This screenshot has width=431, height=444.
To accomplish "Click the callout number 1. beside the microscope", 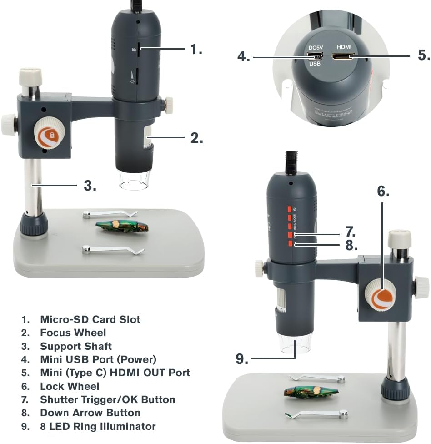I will click(x=196, y=49).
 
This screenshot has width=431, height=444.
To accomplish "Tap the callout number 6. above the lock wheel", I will click(x=383, y=192).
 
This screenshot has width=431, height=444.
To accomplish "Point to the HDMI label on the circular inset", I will click(x=344, y=47).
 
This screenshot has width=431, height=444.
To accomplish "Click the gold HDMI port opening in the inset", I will click(x=344, y=57).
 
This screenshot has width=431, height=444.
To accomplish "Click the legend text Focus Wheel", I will click(x=73, y=333).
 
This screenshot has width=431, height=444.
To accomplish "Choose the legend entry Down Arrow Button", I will click(x=90, y=413).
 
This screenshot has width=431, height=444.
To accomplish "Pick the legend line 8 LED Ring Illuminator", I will click(x=98, y=427).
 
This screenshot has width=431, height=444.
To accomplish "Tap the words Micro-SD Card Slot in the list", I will click(x=90, y=319).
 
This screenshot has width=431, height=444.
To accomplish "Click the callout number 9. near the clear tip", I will click(x=242, y=359).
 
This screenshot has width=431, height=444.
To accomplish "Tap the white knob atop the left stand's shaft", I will click(x=30, y=76).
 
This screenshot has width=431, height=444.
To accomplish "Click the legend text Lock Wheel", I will click(x=70, y=386).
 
